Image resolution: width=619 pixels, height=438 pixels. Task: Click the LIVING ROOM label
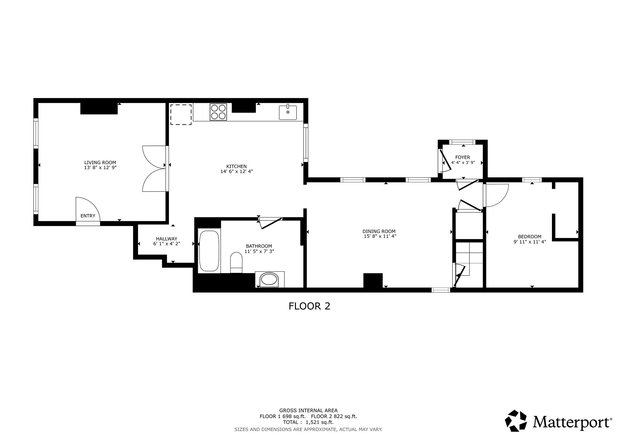point(100,162)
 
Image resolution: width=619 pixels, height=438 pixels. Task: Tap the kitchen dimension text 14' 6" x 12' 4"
point(237,171)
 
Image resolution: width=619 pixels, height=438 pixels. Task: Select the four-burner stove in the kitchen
point(218,112)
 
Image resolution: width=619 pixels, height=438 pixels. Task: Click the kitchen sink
point(287,113)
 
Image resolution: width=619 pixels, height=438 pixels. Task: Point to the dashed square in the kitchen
point(181,114)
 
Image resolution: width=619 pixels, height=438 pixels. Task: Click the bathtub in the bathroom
point(209,251)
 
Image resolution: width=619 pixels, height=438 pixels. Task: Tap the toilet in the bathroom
point(236,262)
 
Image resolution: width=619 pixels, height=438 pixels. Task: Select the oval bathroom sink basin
point(269,279)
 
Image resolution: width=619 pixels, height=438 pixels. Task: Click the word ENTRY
point(88,216)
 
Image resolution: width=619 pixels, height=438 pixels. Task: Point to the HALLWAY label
point(167,239)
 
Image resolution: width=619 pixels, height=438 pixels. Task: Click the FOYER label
point(463,157)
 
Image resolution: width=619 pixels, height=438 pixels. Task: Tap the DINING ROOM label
point(379,231)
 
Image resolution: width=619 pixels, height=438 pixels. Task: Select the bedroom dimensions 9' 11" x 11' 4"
point(530,242)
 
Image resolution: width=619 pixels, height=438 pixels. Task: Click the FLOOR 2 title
point(309,306)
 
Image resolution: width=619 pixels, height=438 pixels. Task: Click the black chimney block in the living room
point(99,108)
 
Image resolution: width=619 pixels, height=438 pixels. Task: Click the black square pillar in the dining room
point(373,280)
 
